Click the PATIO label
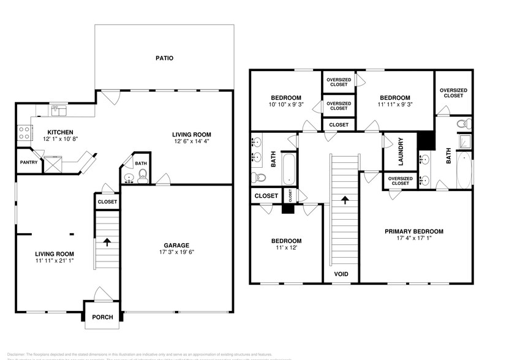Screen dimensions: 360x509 click(164, 59)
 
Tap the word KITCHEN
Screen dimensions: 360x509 click(60, 132)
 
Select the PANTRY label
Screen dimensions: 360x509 click(29, 162)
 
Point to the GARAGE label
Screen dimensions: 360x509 click(176, 245)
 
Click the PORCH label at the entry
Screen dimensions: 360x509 click(102, 318)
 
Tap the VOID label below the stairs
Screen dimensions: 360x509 click(341, 274)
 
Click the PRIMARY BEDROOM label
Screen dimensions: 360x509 click(413, 231)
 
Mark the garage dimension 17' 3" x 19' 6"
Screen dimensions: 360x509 click(176, 252)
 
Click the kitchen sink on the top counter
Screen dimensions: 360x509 click(59, 110)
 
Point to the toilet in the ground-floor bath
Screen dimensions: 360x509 click(143, 177)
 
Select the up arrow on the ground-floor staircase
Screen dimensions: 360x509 click(108, 241)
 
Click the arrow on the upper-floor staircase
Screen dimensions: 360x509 click(345, 199)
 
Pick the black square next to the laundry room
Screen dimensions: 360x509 click(425, 140)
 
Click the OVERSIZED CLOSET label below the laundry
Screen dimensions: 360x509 click(400, 181)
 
